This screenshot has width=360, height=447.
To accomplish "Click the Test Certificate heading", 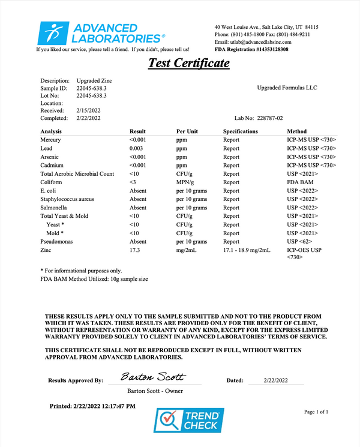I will (188, 63).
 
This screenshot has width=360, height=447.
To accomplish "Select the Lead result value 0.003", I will (136, 148).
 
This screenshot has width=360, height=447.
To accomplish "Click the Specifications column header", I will (241, 131).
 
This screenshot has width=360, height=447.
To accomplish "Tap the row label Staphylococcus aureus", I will (71, 199).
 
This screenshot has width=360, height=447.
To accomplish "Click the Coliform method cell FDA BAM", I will (301, 182).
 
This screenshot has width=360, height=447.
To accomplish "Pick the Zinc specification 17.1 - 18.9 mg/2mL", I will (249, 249).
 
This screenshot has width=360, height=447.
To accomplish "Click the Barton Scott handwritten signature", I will (153, 377).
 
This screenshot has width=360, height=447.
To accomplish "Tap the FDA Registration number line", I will (259, 50).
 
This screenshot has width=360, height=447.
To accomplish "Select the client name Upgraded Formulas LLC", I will (287, 88).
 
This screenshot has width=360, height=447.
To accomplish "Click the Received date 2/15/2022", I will (89, 110).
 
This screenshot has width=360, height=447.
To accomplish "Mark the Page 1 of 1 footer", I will (317, 412).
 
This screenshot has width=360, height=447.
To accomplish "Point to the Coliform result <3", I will (133, 182).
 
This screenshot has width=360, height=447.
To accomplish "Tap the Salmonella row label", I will (54, 207).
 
